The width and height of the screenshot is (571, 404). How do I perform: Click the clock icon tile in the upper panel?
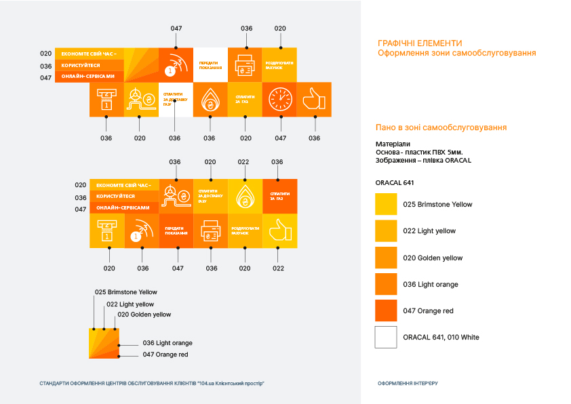click(x=280, y=99)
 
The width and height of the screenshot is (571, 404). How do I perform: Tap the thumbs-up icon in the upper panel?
click(x=314, y=99)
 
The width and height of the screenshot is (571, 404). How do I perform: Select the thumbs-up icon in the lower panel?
click(x=279, y=230)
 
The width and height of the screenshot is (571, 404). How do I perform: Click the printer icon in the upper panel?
click(x=245, y=65)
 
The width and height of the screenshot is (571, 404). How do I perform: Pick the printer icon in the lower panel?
click(x=211, y=230)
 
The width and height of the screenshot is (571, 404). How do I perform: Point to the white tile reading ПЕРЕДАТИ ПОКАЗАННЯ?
click(x=210, y=65)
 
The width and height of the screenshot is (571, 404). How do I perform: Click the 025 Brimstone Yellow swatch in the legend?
click(x=386, y=204)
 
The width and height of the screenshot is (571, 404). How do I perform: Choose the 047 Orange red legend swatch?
click(x=386, y=310)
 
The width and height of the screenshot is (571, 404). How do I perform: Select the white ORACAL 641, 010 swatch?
click(x=386, y=337)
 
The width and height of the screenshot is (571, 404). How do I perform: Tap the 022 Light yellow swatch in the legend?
click(x=386, y=231)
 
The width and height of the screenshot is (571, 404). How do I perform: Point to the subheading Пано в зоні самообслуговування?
click(x=441, y=127)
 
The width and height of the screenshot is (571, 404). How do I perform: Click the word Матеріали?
click(x=393, y=144)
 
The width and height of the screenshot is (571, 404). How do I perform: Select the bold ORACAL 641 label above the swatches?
click(x=394, y=182)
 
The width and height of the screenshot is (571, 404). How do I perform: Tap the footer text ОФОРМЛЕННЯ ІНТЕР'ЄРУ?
click(x=408, y=384)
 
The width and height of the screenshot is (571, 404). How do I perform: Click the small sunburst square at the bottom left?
click(x=104, y=343)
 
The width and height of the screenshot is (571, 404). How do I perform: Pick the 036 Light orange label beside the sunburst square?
click(x=168, y=343)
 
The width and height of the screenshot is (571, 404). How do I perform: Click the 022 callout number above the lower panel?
click(x=244, y=162)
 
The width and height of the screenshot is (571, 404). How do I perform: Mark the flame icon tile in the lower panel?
click(x=245, y=197)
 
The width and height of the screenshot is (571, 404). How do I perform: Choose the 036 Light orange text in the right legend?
click(x=430, y=284)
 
